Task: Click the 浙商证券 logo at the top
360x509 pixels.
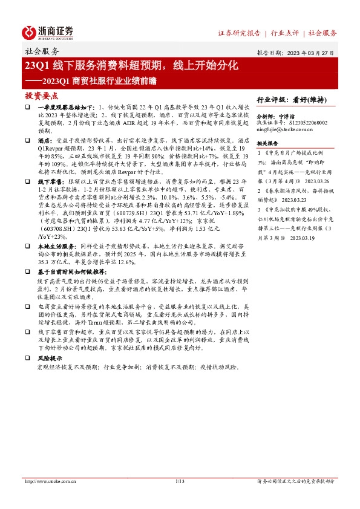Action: [x=49, y=33]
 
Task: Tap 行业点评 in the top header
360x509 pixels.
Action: [x=287, y=33]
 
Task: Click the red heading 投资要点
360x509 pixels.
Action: [x=41, y=96]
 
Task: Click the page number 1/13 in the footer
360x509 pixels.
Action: [x=179, y=482]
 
